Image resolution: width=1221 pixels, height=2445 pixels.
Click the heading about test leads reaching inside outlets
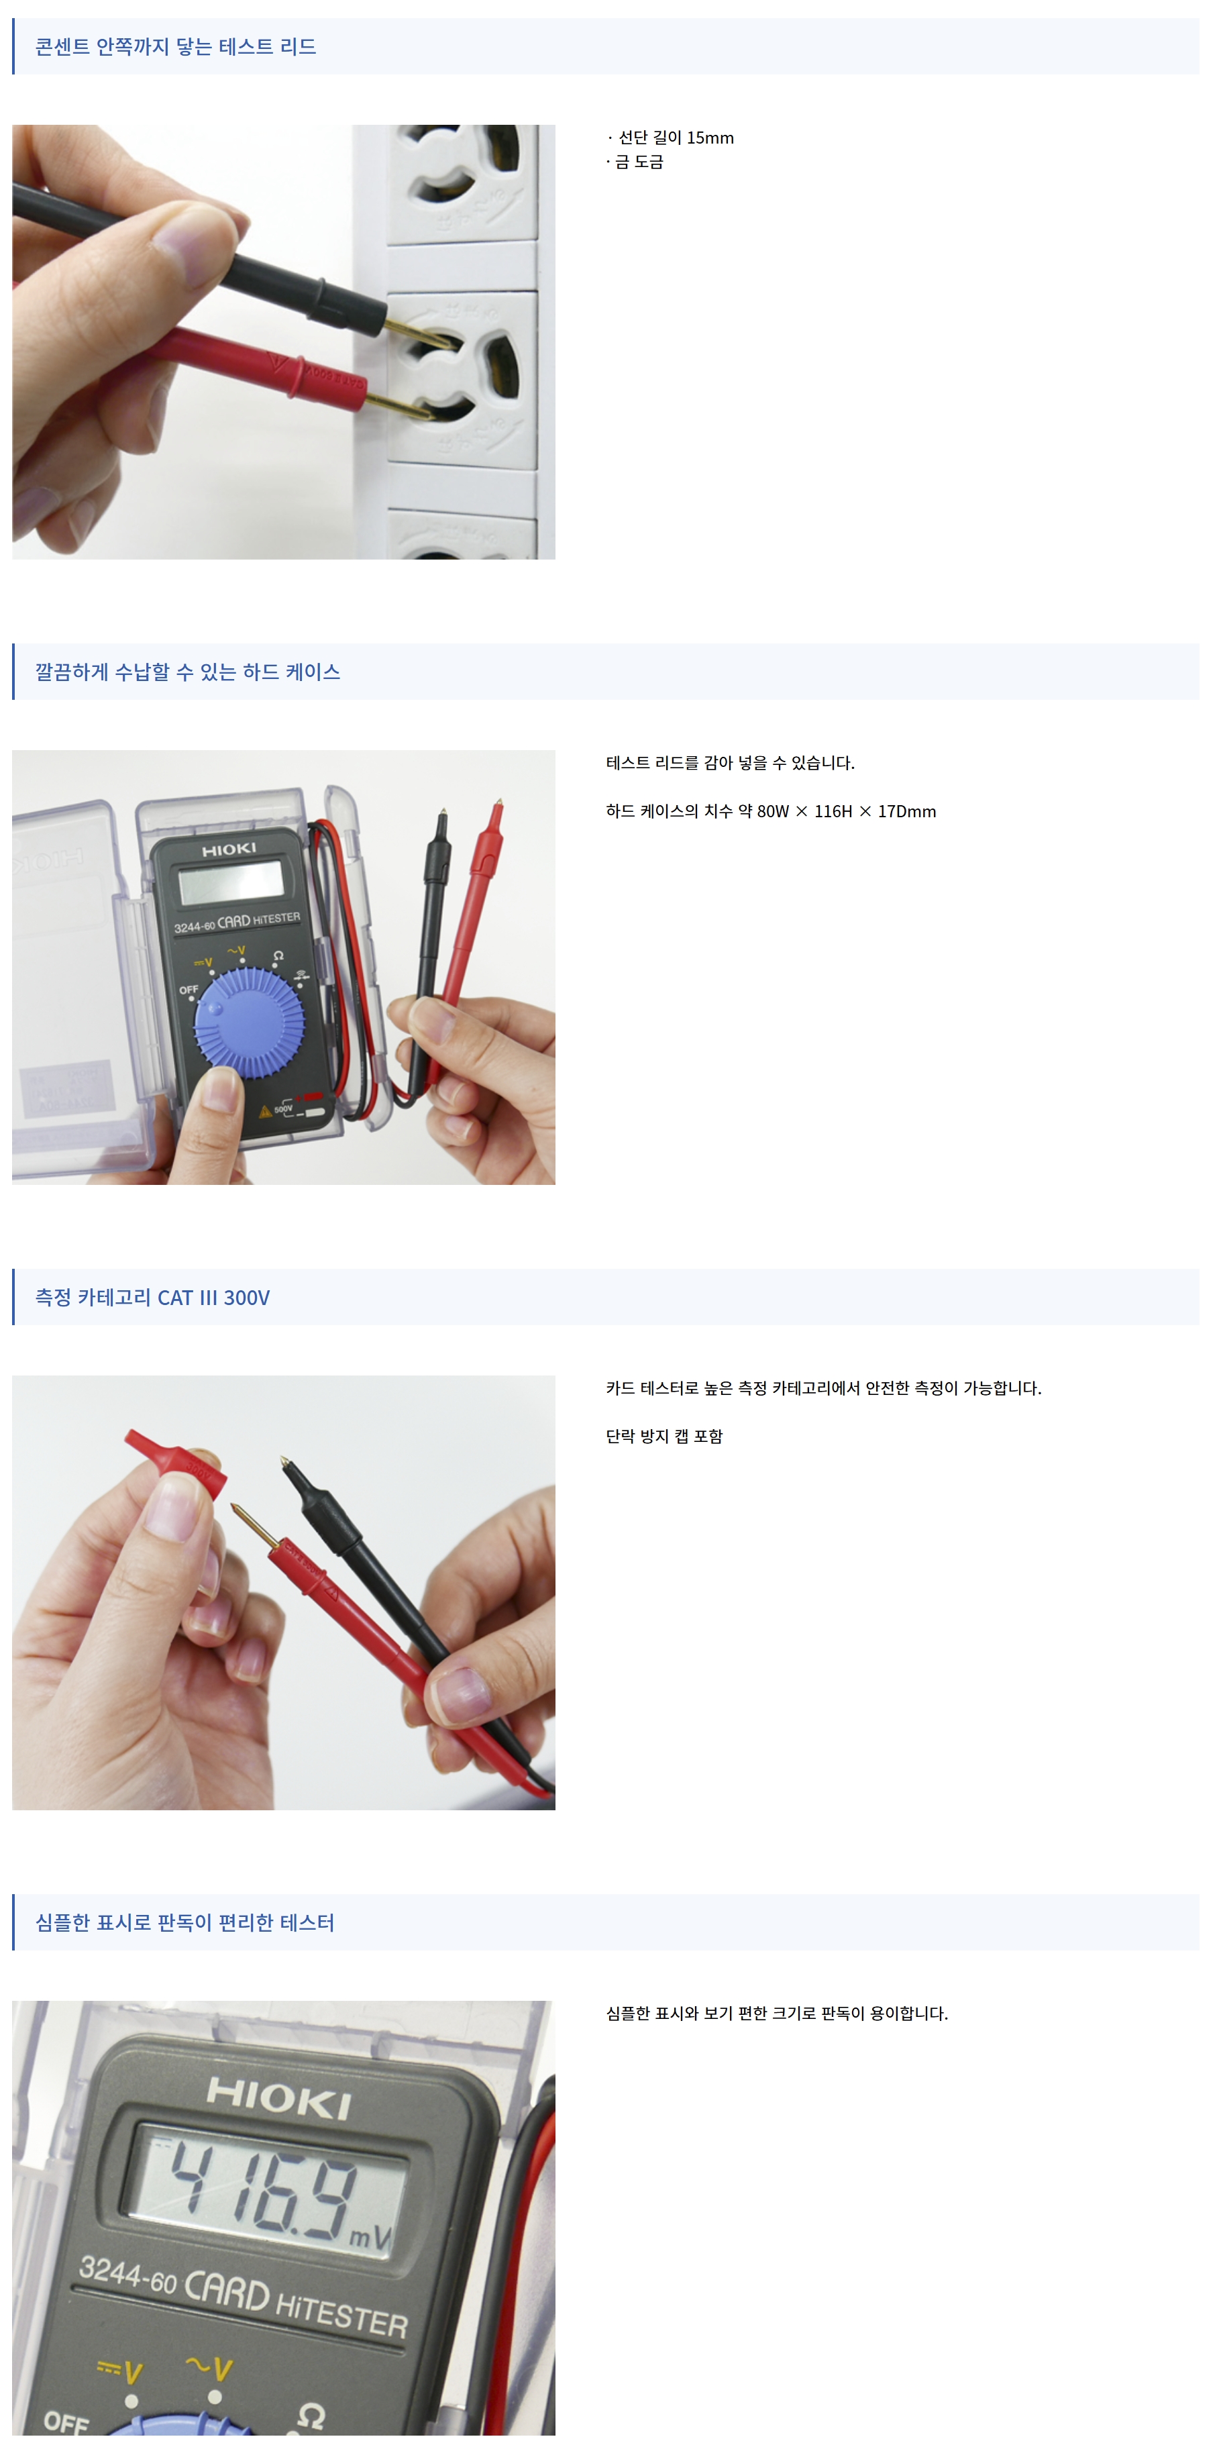[176, 46]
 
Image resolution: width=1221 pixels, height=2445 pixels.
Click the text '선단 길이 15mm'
[676, 138]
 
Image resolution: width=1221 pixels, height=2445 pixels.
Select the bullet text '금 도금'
[639, 161]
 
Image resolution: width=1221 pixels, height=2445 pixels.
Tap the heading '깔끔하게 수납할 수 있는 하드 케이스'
[188, 672]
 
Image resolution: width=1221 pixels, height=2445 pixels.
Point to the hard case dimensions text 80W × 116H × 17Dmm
[846, 811]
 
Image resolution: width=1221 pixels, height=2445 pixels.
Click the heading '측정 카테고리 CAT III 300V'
[153, 1298]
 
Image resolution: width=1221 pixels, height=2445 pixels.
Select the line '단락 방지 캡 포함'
[664, 1436]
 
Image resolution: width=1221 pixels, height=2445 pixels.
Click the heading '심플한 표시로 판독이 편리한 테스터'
[185, 1923]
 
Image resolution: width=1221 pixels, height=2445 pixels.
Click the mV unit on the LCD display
[370, 2237]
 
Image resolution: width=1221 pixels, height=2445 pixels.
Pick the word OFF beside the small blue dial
[189, 990]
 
